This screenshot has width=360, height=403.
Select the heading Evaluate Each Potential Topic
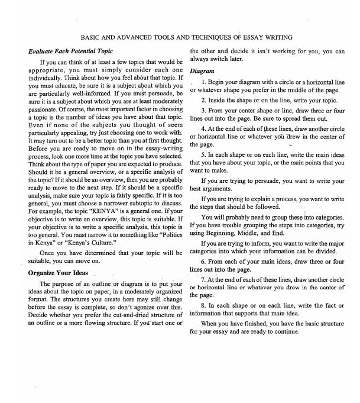coord(70,51)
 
